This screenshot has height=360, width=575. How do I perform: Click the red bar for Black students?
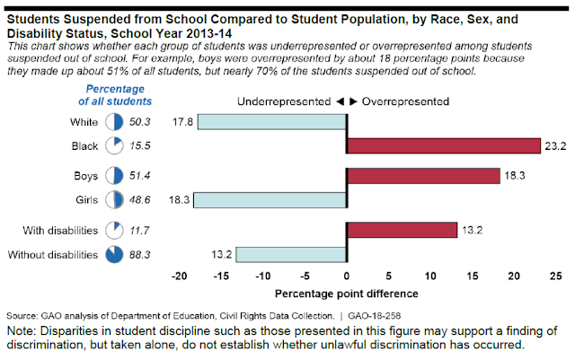pyautogui.click(x=443, y=146)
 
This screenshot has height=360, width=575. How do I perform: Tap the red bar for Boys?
pyautogui.click(x=423, y=176)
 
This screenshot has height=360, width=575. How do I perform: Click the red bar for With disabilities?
pyautogui.click(x=402, y=231)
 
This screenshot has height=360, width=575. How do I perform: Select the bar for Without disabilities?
pyautogui.click(x=291, y=255)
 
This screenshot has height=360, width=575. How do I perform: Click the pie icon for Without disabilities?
pyautogui.click(x=114, y=256)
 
